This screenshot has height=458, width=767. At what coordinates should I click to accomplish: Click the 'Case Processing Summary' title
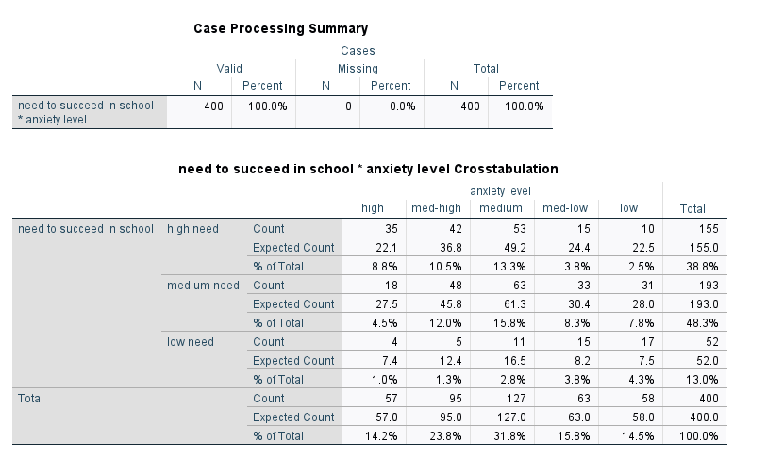[x=280, y=28]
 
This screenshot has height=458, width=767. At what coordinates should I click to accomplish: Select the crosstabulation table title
[x=368, y=170]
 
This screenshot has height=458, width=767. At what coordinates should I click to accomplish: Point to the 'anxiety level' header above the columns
[x=499, y=191]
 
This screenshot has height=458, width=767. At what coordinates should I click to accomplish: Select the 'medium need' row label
[x=203, y=286]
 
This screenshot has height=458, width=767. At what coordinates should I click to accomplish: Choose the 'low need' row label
[x=191, y=342]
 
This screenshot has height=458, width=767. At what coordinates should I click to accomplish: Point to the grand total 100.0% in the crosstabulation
[x=699, y=436]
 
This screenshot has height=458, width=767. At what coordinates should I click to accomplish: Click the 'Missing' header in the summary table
[x=358, y=69]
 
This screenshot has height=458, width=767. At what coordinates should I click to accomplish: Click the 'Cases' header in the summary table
[x=358, y=51]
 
